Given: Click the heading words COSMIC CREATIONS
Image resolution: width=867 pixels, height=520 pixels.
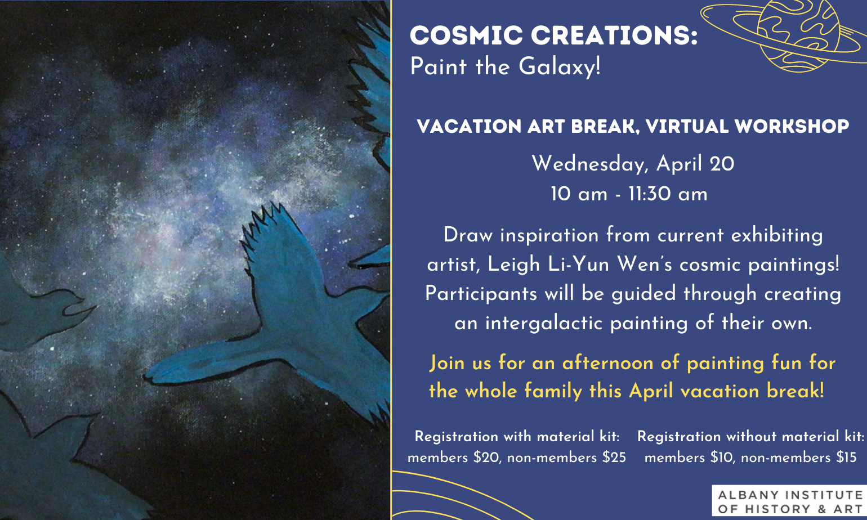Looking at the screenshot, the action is tap(553, 35).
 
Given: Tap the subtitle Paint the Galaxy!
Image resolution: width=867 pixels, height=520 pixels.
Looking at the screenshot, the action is tap(505, 66).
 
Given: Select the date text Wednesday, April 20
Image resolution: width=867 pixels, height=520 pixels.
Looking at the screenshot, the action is tap(633, 163).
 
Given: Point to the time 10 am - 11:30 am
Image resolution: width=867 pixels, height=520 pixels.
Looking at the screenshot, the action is tap(629, 194).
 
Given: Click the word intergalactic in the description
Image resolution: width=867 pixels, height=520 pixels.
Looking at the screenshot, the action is tap(544, 323).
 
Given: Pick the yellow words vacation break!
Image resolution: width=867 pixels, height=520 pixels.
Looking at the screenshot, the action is tap(752, 391).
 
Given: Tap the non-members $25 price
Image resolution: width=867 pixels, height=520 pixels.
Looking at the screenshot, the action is tap(566, 458).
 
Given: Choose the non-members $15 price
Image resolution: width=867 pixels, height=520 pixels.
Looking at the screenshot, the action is tap(798, 458).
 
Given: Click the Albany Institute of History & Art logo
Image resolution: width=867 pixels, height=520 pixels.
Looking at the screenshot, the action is tap(789, 501).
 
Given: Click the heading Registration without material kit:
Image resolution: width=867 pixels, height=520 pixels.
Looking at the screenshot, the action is tap(751, 437).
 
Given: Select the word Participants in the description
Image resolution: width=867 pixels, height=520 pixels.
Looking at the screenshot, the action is tap(481, 294).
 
